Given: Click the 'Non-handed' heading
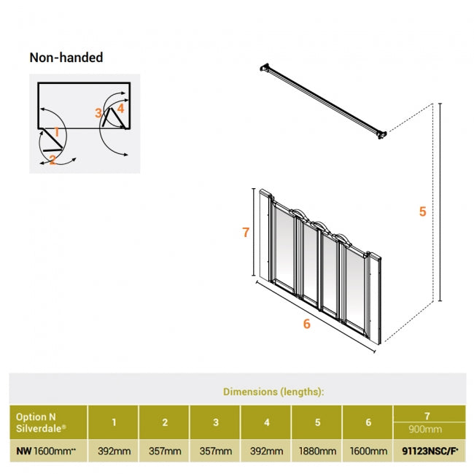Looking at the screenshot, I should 66,58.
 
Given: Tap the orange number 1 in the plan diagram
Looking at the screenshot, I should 56,133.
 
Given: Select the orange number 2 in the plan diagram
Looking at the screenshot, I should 53,160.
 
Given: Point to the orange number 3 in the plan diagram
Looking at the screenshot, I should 98,113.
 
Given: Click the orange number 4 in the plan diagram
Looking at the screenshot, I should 120,108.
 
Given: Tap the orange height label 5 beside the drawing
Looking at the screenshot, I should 422,212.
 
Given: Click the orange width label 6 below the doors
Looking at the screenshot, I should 306,324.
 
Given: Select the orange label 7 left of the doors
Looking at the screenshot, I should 246,233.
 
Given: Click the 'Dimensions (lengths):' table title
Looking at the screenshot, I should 273,392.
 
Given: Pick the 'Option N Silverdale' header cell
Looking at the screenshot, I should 42,421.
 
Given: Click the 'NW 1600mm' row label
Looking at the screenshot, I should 46,451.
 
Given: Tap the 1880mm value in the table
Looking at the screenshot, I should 316,451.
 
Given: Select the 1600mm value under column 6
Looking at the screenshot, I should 368,451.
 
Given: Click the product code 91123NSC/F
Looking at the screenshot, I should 429,451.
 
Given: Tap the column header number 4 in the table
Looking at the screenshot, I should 265,422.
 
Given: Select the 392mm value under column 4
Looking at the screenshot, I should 265,451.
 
